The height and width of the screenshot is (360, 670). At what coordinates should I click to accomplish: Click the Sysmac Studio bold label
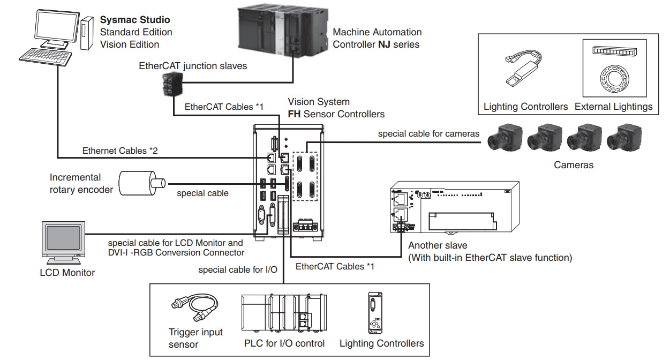coord(135,20)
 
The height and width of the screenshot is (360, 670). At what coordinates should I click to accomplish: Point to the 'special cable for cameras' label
coord(428,134)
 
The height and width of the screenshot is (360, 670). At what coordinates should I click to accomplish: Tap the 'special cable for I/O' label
coord(237,269)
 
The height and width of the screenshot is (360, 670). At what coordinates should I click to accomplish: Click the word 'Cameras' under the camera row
coord(573,165)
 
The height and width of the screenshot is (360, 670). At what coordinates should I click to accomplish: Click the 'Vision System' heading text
coord(319,102)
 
